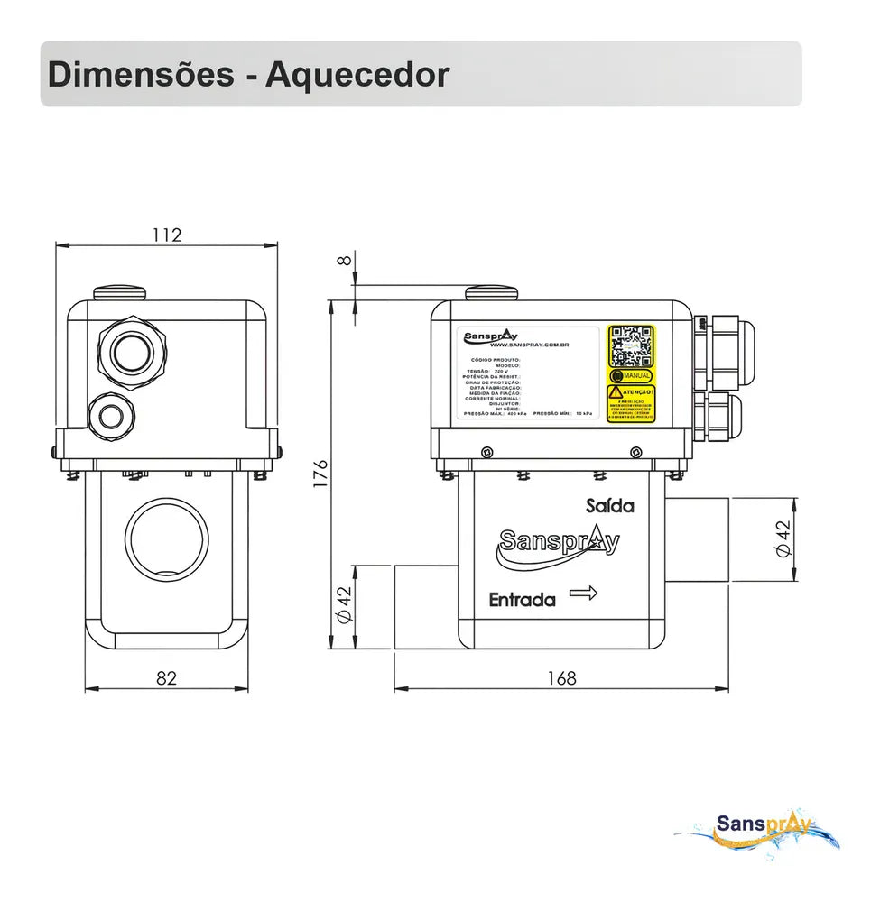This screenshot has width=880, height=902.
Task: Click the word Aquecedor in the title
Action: pyautogui.click(x=357, y=74)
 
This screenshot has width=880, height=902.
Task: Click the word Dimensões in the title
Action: pyautogui.click(x=140, y=74)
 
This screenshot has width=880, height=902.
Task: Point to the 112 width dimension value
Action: pyautogui.click(x=167, y=235)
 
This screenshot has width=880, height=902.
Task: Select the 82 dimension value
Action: pyautogui.click(x=167, y=678)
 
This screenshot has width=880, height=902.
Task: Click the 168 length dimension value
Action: pyautogui.click(x=561, y=678)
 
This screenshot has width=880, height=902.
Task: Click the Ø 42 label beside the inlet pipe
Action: pyautogui.click(x=343, y=604)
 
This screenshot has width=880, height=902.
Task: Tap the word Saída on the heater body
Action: pyautogui.click(x=609, y=505)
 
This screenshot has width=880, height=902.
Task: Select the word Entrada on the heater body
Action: pyautogui.click(x=522, y=599)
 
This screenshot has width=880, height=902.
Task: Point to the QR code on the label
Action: pyautogui.click(x=630, y=345)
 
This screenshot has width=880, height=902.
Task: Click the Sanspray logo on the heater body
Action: pyautogui.click(x=559, y=544)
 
